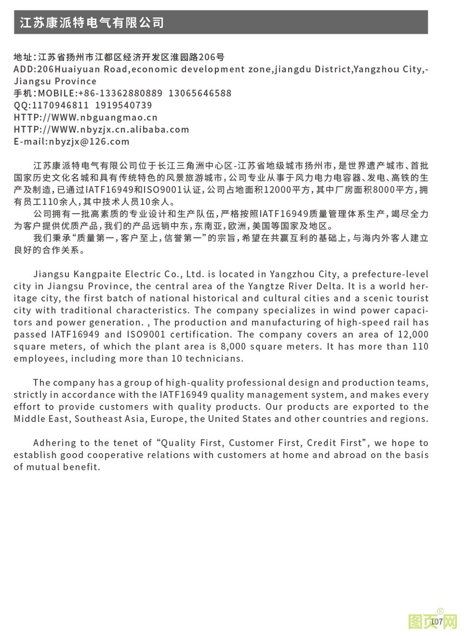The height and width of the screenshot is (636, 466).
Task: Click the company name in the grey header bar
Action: pos(92,22)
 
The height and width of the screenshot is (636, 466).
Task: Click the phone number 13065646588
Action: pos(200,93)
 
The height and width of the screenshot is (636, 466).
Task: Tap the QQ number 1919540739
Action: pos(124,105)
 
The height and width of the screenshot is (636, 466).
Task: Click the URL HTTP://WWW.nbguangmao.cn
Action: pos(86,117)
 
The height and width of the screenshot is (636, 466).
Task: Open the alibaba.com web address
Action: pos(101,129)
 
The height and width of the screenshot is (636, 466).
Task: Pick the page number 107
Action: pos(437,621)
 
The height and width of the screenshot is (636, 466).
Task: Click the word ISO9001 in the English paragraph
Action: pos(146,334)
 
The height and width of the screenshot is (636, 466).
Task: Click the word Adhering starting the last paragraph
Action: pos(54,443)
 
